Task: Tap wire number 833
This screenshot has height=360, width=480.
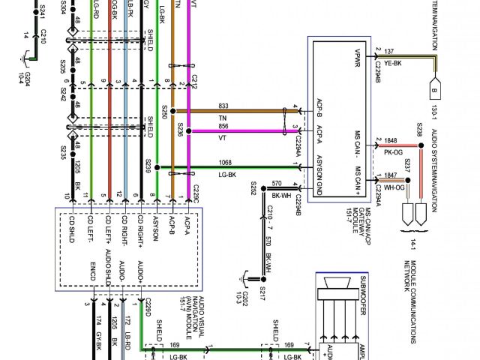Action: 223,106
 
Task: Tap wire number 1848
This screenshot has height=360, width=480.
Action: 390,140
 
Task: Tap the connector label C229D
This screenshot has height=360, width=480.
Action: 148,306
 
